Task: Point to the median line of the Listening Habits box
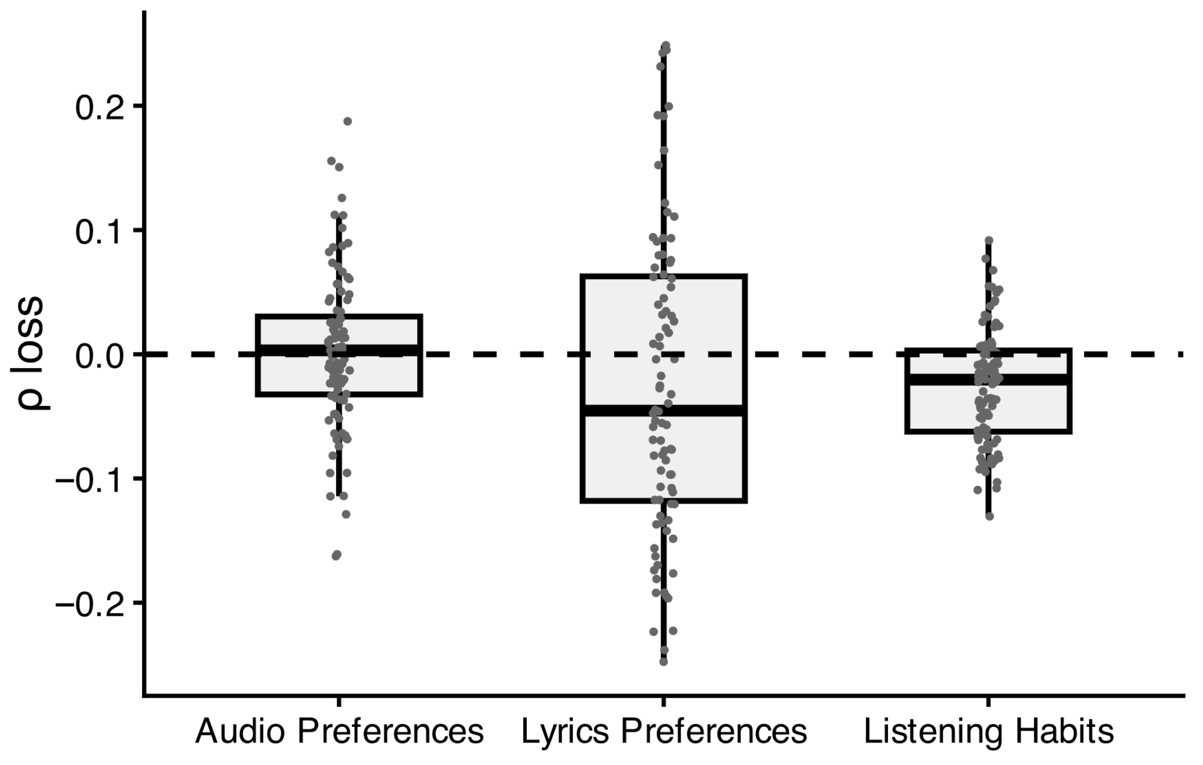pyautogui.click(x=988, y=380)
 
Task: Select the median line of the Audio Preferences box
pyautogui.click(x=339, y=350)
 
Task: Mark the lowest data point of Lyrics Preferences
pyautogui.click(x=663, y=662)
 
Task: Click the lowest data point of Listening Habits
pyautogui.click(x=989, y=516)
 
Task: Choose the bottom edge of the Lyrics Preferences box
pyautogui.click(x=663, y=501)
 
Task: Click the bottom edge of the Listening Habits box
pyautogui.click(x=988, y=431)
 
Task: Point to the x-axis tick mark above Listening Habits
pyautogui.click(x=988, y=701)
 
